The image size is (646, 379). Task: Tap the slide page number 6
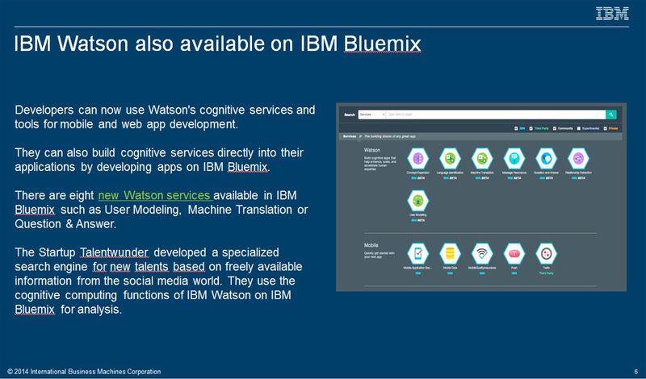coord(636,371)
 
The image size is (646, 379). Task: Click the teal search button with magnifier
coord(611,115)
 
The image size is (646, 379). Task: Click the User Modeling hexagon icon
coord(418,201)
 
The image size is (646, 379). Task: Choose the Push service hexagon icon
coord(514,252)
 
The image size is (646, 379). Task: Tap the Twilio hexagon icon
coord(546,252)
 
